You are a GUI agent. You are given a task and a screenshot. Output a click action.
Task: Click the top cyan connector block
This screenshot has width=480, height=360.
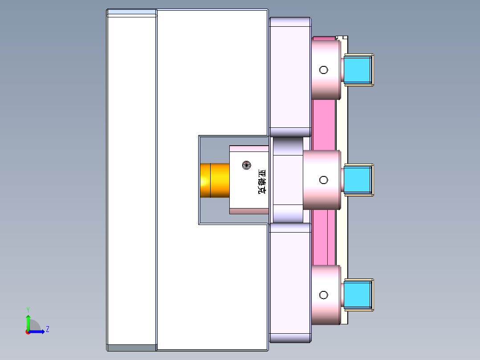point(358,70)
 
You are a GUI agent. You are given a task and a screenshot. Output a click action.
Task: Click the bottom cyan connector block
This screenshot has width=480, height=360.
point(358,295)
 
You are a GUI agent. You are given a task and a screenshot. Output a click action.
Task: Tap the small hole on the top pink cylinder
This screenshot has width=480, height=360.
point(324,70)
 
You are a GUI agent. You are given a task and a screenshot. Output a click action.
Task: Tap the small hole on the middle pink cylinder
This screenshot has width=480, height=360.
point(324,180)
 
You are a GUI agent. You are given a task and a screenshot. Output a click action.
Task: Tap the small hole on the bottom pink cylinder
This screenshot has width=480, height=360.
point(324,295)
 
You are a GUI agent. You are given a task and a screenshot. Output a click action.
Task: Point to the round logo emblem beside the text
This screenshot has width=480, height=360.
point(246,165)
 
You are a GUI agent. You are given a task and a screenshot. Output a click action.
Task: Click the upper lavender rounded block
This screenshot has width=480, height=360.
point(289,77)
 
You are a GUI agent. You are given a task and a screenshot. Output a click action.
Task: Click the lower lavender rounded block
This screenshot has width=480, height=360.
point(289,282)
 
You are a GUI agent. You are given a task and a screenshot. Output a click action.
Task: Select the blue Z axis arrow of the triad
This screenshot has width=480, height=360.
point(38,331)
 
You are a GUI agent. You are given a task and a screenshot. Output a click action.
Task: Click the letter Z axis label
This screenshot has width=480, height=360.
point(47,329)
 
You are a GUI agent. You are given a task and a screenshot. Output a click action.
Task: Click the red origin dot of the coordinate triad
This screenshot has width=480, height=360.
point(28,332)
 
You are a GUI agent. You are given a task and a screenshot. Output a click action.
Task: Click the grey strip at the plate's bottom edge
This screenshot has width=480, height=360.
point(132,347)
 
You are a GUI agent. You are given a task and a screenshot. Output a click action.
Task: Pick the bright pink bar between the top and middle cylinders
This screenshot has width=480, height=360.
point(324,125)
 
